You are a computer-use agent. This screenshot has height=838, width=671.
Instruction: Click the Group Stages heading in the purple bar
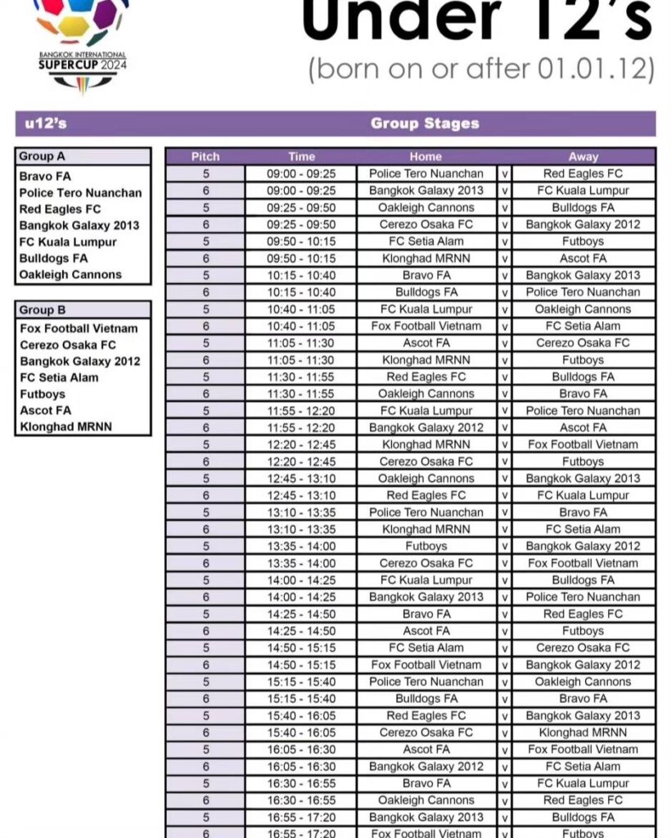click(x=425, y=124)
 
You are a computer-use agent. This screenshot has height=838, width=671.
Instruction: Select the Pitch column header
click(x=205, y=156)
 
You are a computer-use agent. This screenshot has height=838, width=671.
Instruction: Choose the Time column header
click(x=301, y=156)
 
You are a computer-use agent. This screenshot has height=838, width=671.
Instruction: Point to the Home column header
click(x=426, y=156)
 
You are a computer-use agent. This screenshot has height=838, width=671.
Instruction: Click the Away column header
click(x=583, y=156)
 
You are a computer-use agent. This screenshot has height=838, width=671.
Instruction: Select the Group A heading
click(x=42, y=156)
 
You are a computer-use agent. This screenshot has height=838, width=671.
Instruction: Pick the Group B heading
click(x=42, y=310)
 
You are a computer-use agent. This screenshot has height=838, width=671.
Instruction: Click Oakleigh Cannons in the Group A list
click(x=70, y=275)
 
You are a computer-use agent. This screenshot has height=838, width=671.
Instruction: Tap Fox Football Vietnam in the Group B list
click(x=79, y=328)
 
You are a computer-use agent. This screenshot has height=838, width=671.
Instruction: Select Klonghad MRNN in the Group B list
click(x=65, y=426)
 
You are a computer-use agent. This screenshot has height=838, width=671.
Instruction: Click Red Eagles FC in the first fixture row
click(x=583, y=173)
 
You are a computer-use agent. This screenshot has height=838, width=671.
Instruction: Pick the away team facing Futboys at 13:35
click(x=583, y=546)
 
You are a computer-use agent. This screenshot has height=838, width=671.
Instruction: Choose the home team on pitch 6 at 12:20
click(x=426, y=462)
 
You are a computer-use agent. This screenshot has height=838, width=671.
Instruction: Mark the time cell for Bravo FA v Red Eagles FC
click(x=301, y=614)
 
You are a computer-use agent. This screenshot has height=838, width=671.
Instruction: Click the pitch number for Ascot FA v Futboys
click(x=205, y=631)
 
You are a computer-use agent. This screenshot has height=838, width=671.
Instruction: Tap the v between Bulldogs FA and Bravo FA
click(x=505, y=699)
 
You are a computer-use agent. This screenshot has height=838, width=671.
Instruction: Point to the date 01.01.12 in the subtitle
click(x=597, y=69)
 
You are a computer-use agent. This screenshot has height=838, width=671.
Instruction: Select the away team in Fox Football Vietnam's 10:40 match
click(x=583, y=326)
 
